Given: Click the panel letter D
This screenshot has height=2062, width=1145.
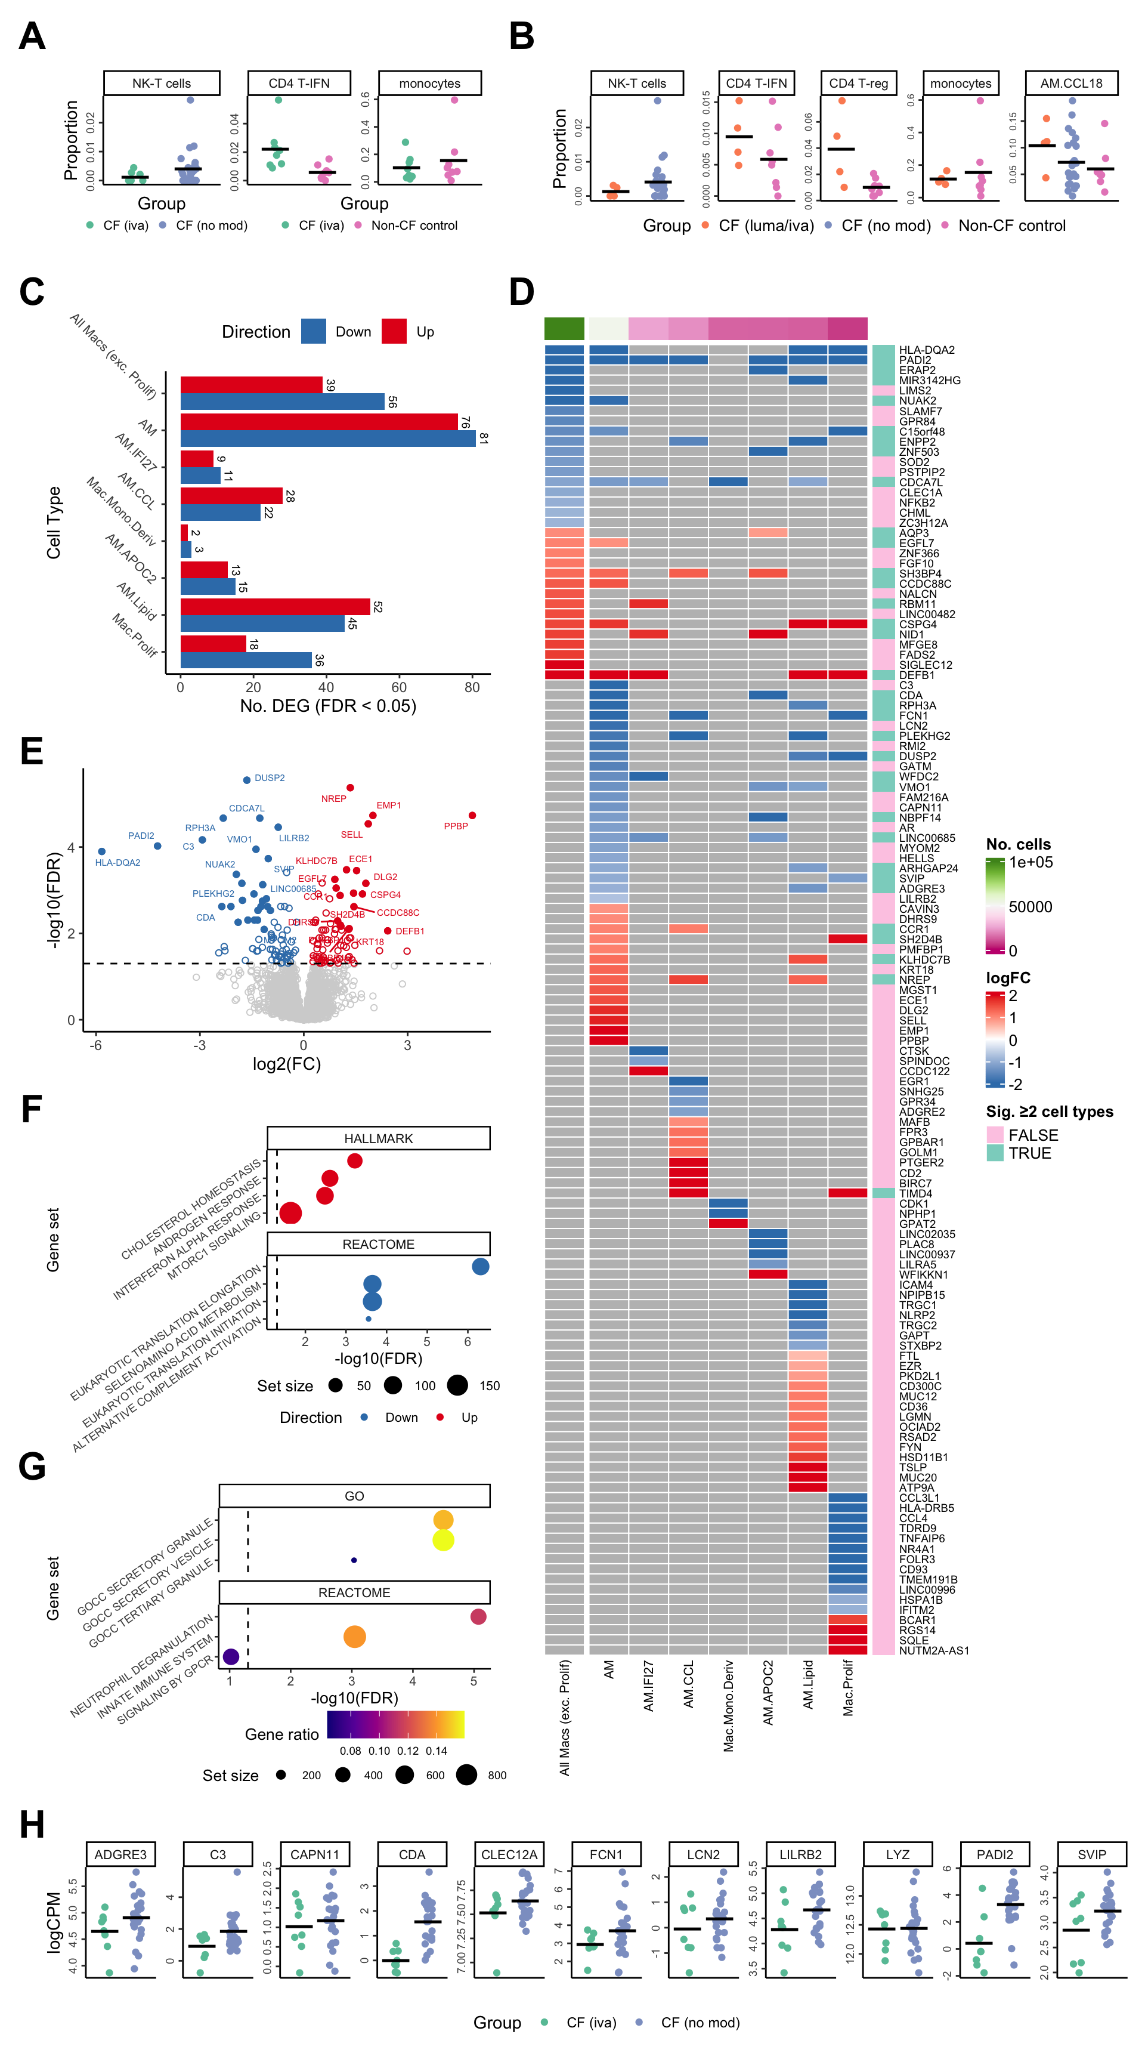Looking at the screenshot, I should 522,292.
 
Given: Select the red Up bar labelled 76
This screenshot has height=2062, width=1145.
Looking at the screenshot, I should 318,422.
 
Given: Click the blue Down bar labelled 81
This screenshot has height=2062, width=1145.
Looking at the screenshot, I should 327,439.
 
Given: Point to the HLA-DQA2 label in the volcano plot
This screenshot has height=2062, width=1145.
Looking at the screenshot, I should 117,863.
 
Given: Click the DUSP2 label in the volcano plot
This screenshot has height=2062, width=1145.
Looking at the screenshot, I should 270,778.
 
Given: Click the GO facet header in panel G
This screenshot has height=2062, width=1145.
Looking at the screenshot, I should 354,1496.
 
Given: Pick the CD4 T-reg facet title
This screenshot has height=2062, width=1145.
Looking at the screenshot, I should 859,84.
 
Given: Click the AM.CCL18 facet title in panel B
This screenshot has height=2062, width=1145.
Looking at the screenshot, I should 1070,84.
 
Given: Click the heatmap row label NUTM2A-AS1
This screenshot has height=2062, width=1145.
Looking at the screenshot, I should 934,1650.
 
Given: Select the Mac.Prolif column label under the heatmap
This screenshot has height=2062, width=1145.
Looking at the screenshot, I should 848,1687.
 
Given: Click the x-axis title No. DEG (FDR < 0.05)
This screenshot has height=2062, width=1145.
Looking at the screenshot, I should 328,706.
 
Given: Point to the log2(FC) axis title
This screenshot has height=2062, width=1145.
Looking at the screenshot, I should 286,1064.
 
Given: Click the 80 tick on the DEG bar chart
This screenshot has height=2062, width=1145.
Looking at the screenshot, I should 472,687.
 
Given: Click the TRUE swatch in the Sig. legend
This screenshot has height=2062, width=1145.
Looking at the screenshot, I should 995,1153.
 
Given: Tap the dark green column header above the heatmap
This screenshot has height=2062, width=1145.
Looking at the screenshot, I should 564,328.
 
